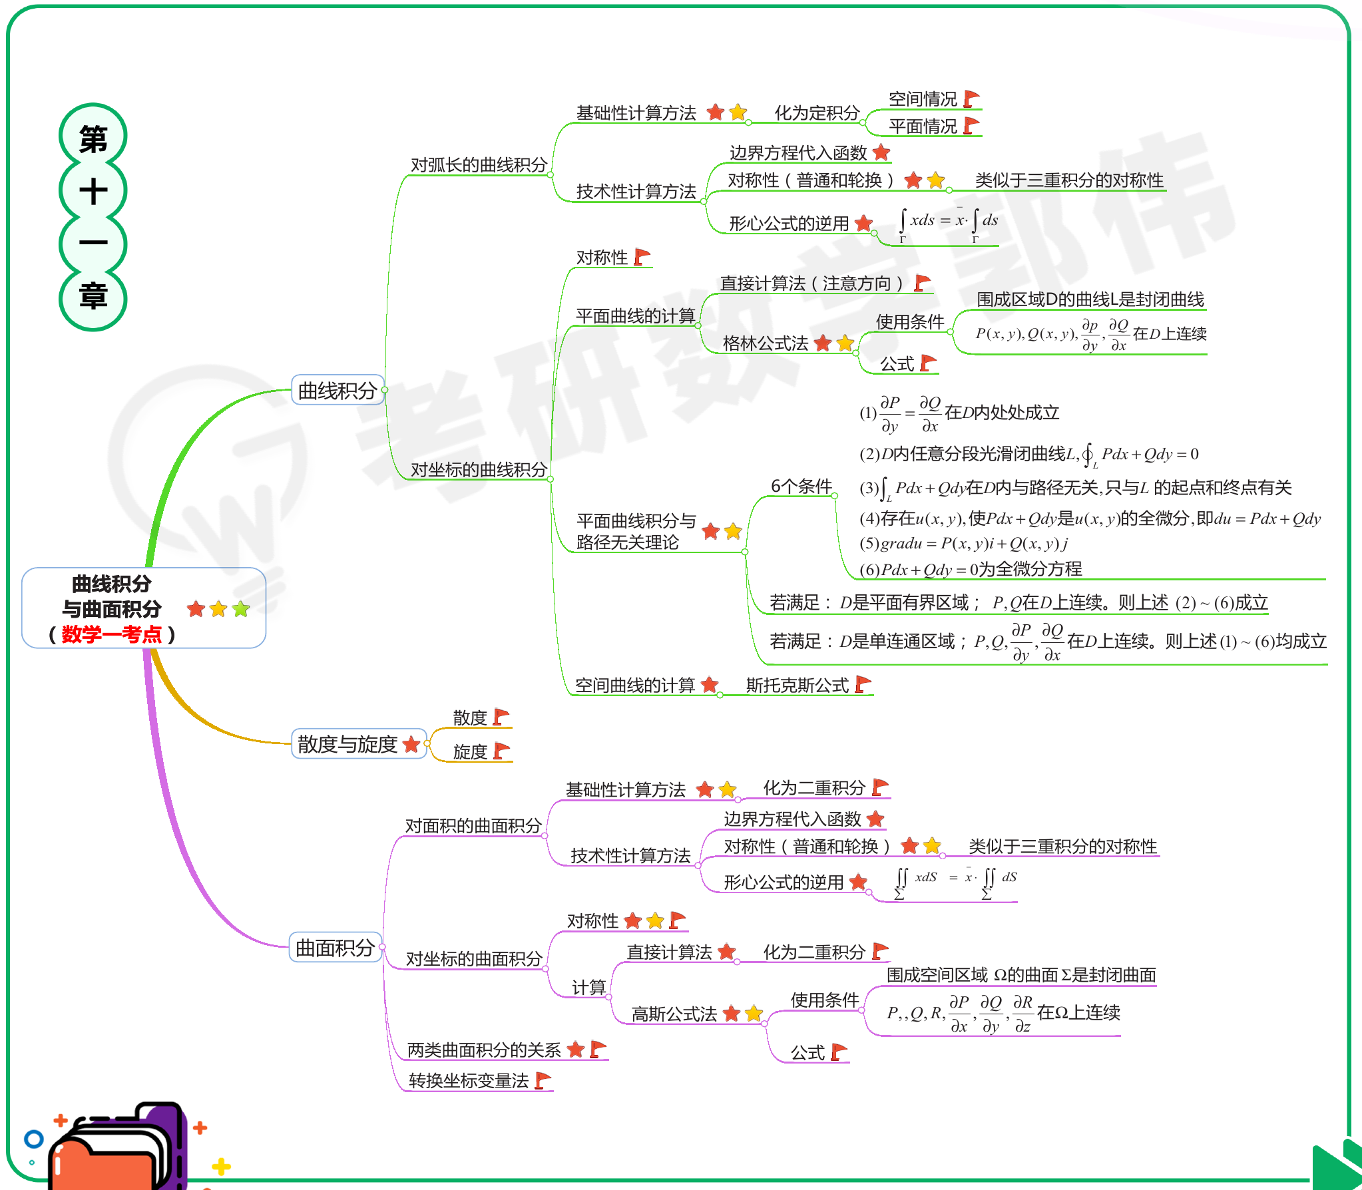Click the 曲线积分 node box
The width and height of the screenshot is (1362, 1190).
338,391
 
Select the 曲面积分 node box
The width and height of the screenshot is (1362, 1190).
335,948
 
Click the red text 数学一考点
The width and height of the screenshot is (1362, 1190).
112,634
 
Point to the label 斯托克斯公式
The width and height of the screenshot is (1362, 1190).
797,685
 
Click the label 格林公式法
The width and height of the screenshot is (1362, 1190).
765,343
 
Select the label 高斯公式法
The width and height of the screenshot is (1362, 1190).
674,1014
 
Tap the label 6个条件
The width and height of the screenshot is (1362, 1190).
801,487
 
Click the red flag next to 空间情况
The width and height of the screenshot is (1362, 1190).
972,99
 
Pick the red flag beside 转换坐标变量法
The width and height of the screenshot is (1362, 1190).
543,1080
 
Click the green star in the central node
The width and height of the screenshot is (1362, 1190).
241,609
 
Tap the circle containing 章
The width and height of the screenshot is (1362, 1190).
93,297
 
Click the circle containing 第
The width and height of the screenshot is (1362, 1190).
93,138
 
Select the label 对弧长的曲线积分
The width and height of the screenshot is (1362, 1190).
479,165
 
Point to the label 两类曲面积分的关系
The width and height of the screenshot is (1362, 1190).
484,1050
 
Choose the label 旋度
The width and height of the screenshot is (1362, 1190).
470,751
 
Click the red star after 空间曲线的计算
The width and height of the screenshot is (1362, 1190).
710,685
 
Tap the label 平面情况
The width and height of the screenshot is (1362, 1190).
923,126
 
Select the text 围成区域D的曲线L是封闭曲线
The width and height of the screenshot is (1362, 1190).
1090,299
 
